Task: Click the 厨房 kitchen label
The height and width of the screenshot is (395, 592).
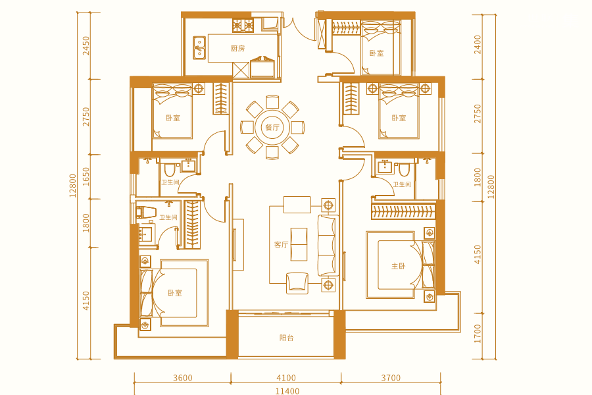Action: pos(237,48)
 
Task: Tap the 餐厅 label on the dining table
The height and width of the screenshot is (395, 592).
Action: pos(272,127)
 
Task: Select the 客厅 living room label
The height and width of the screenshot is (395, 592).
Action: pos(281,245)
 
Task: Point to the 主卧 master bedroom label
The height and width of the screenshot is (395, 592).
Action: pos(399,266)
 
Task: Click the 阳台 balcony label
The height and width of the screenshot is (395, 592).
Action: pos(287,338)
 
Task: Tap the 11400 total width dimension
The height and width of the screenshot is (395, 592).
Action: pos(287,391)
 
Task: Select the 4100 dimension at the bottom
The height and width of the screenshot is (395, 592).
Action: pos(286,378)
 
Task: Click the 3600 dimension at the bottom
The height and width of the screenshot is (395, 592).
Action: pos(183,378)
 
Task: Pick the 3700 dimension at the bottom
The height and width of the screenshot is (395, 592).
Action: pos(391,378)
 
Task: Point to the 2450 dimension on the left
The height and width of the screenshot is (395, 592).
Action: pos(86,45)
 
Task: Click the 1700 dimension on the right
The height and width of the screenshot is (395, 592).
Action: pos(478,334)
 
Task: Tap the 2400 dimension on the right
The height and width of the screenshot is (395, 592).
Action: pos(478,45)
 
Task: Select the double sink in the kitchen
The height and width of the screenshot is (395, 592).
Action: pos(199,48)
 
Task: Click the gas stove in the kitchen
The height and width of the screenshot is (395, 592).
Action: pos(243,25)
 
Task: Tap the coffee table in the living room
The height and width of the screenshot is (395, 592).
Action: pos(299,244)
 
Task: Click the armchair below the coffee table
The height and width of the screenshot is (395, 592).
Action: pos(297,282)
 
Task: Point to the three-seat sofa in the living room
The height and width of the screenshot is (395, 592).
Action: pos(327,245)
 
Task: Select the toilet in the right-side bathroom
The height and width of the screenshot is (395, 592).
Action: pos(404,170)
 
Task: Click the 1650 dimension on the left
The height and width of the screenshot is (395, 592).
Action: pos(86,176)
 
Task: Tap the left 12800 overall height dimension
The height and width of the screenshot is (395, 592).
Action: pos(72,186)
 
